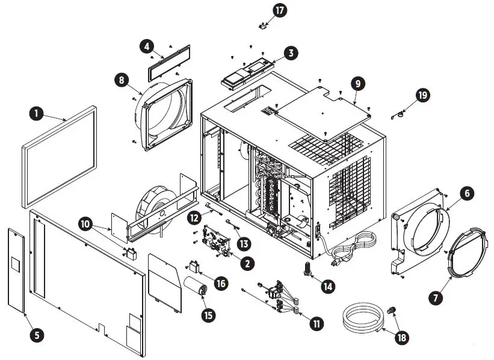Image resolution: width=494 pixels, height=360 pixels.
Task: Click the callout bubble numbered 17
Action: [280, 10]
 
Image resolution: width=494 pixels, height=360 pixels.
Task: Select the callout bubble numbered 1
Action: [37, 113]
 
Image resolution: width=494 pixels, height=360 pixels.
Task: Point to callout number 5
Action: [38, 335]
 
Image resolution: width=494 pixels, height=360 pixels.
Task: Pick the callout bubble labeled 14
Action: [327, 287]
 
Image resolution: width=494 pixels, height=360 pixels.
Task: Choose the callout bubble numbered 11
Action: [315, 323]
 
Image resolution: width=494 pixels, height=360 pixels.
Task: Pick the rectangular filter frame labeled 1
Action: [59, 157]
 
